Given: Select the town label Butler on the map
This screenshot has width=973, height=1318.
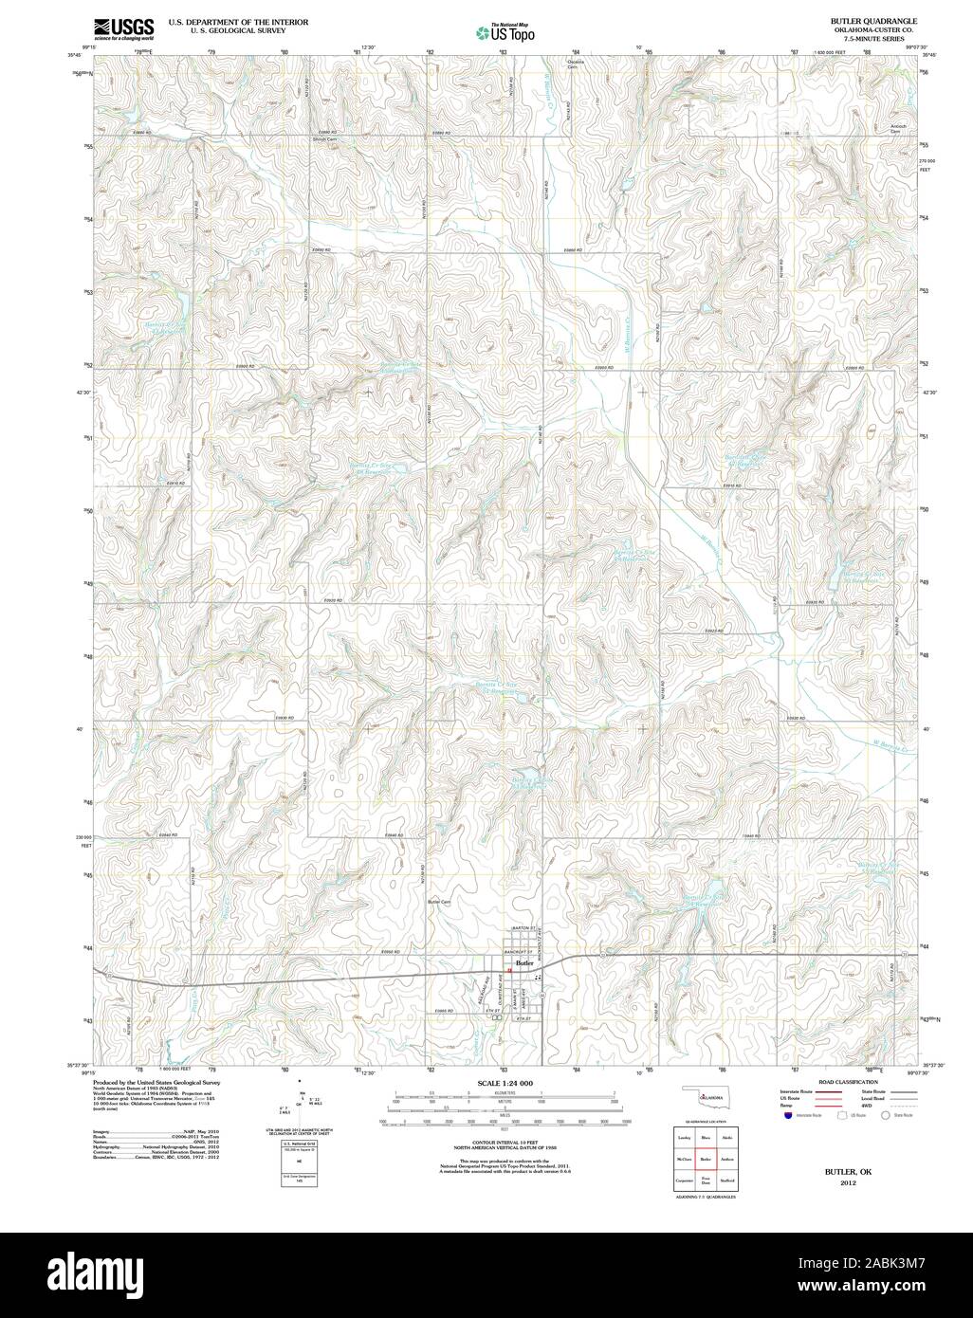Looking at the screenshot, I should click(x=523, y=963).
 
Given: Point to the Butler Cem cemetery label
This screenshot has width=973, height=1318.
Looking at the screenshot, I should click(x=439, y=902).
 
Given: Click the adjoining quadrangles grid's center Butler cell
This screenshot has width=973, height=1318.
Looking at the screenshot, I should click(x=705, y=1159).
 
